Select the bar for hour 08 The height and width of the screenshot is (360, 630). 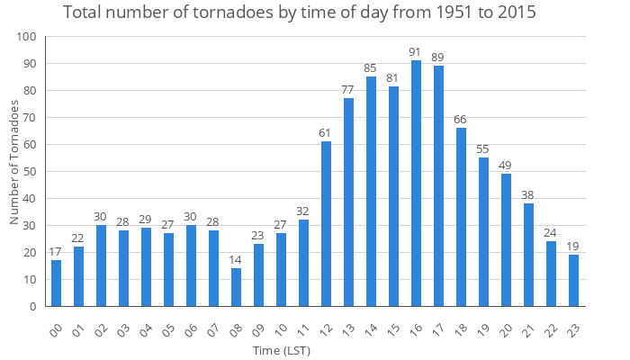236,287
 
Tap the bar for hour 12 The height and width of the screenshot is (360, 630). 326,224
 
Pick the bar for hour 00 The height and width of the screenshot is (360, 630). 56,283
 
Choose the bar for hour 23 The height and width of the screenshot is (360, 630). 573,281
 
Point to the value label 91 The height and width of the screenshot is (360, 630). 416,52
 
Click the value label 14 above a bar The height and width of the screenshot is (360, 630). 236,260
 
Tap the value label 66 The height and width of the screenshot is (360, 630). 461,120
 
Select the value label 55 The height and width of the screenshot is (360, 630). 483,149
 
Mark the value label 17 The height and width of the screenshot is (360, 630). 56,252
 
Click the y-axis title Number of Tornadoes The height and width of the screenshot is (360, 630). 14,162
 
